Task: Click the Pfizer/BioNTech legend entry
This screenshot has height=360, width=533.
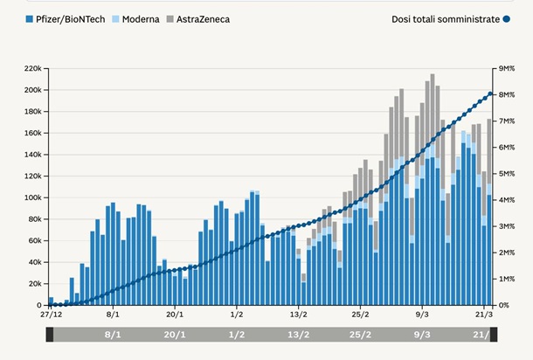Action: pyautogui.click(x=66, y=18)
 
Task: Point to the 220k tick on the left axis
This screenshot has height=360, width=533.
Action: pyautogui.click(x=33, y=68)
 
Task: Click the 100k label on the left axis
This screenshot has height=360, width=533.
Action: pyautogui.click(x=33, y=197)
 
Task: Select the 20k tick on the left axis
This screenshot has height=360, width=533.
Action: pyautogui.click(x=35, y=284)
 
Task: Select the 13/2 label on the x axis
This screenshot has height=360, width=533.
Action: pyautogui.click(x=299, y=313)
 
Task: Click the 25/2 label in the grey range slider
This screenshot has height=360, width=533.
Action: pyautogui.click(x=361, y=334)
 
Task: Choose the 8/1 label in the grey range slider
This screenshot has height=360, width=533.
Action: pyautogui.click(x=113, y=334)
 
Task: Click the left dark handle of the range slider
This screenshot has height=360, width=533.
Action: pyautogui.click(x=50, y=334)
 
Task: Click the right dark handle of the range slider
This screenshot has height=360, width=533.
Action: pyautogui.click(x=494, y=334)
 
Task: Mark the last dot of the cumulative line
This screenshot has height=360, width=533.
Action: pyautogui.click(x=491, y=94)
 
